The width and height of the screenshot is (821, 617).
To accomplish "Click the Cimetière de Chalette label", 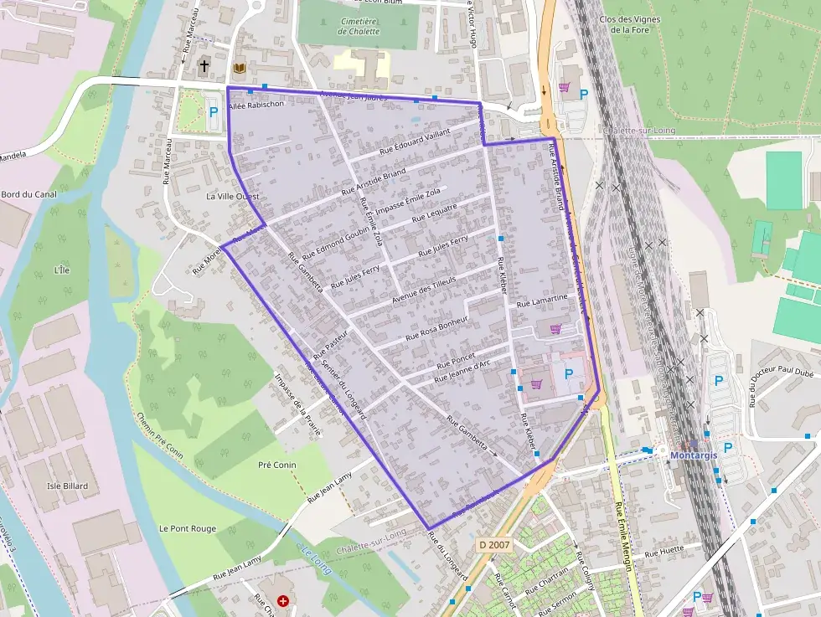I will [x=359, y=26].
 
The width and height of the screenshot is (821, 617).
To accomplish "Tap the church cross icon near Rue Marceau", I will [x=204, y=65].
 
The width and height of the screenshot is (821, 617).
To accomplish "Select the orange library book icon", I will [x=240, y=67].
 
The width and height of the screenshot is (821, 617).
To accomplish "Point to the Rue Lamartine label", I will [x=542, y=299].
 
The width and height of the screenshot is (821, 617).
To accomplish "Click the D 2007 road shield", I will [x=494, y=545].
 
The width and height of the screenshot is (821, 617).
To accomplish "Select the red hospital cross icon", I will [x=283, y=600].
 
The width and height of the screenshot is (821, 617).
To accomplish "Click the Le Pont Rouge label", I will [x=188, y=528].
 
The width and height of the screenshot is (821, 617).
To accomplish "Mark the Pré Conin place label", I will [x=277, y=465].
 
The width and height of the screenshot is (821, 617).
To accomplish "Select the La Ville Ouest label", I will [x=232, y=196].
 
